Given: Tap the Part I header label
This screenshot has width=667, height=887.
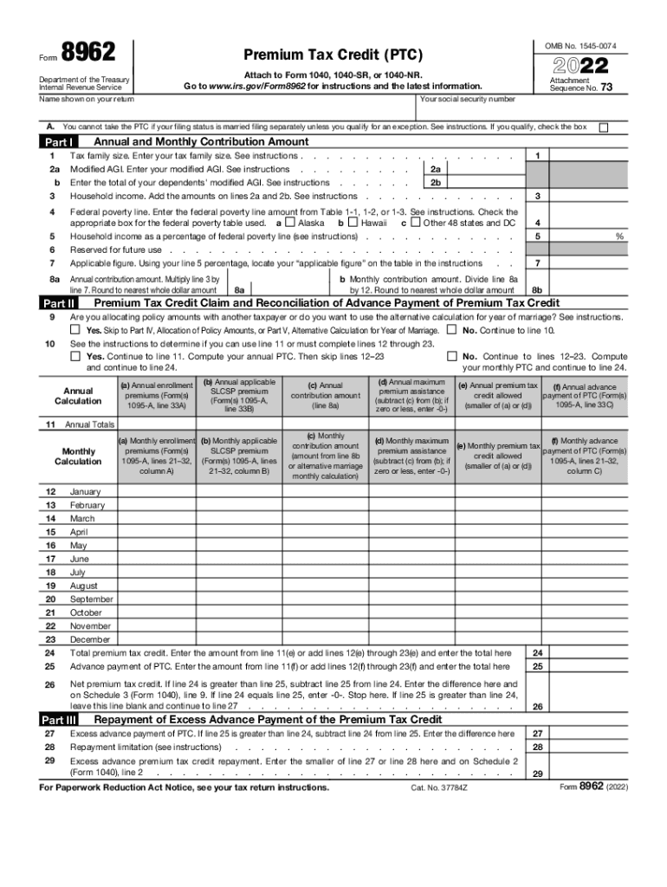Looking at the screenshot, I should click(59, 142).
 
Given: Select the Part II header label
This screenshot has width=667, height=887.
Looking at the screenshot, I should click(59, 304).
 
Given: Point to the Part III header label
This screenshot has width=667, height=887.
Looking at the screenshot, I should click(60, 720).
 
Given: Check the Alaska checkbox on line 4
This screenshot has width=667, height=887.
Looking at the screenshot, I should click(291, 223).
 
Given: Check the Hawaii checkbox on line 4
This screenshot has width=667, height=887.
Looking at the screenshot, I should click(353, 223).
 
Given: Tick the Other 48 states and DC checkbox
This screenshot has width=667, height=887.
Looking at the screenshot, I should click(416, 223).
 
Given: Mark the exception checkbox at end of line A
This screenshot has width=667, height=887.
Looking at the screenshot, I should click(604, 127).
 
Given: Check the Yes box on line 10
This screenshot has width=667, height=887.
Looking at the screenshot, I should click(75, 357).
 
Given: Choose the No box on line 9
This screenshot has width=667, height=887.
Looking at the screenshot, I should click(476, 331).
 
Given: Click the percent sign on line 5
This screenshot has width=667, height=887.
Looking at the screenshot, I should click(618, 236).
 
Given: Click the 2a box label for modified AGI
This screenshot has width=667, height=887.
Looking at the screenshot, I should click(436, 170).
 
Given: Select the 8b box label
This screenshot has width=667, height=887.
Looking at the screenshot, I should click(537, 291).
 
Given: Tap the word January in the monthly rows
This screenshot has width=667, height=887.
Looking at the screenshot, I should click(85, 491).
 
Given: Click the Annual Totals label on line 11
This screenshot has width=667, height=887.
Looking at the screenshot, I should click(89, 425).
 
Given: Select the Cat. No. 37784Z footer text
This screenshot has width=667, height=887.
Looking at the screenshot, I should click(439, 788).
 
